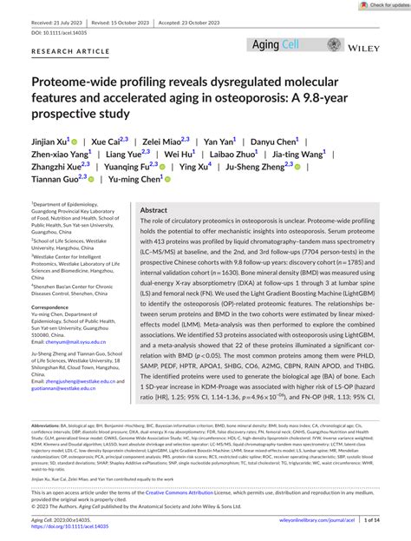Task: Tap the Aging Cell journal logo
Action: (x=276, y=44)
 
